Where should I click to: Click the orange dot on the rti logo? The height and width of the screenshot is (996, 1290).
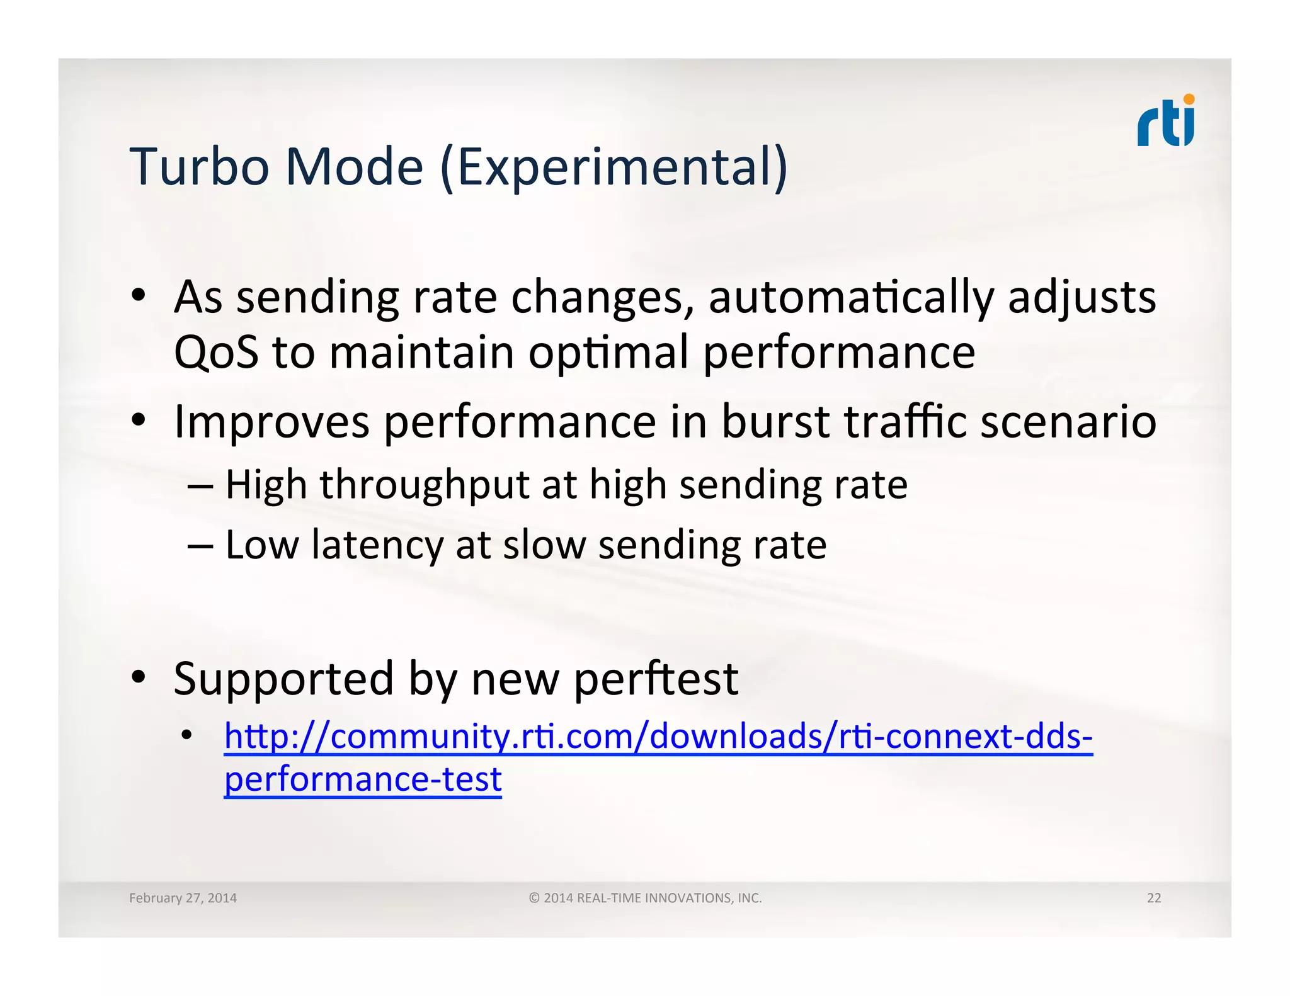[1189, 99]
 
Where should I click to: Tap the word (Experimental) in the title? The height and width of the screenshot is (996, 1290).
[614, 167]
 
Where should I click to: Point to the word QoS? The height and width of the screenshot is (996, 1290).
[216, 352]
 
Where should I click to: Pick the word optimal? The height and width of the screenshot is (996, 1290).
[608, 353]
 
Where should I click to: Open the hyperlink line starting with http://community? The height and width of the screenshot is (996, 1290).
[658, 736]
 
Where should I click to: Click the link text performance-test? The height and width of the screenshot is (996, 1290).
[363, 779]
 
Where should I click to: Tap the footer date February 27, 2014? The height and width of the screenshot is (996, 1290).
[183, 898]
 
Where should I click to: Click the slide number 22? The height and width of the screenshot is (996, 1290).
[1153, 898]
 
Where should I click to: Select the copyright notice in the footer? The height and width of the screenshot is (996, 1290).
[645, 898]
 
